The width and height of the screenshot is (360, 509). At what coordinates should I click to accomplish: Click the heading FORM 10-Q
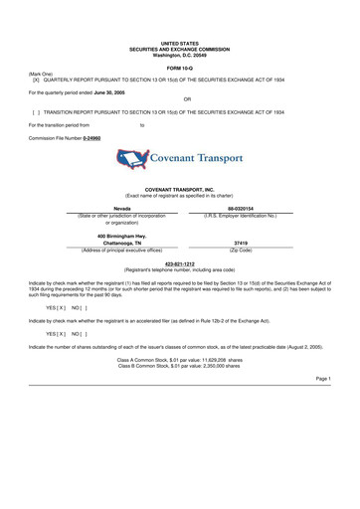coord(180,67)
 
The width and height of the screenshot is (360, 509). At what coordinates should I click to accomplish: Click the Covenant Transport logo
coord(180,157)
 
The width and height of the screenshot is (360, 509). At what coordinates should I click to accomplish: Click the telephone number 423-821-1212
coord(180,263)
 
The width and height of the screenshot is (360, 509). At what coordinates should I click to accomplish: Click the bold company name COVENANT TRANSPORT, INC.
coord(180,187)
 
